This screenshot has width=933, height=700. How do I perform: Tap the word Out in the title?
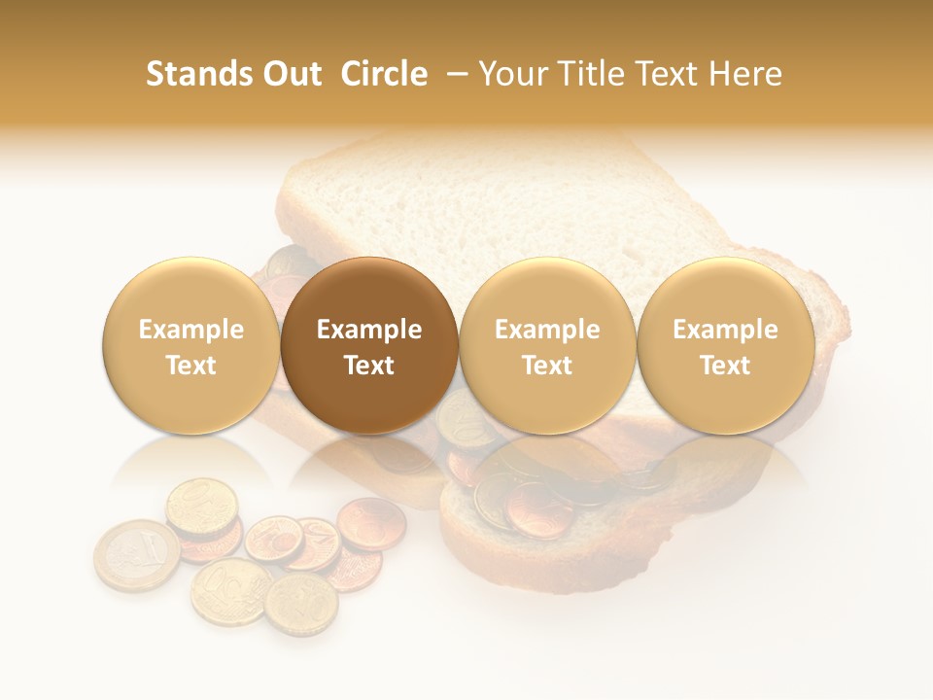click(289, 74)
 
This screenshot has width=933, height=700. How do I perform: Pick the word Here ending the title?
click(746, 74)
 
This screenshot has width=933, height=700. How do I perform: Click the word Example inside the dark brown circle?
click(369, 330)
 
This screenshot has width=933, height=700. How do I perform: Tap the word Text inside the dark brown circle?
click(369, 366)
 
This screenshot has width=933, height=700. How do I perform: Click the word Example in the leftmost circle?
click(190, 330)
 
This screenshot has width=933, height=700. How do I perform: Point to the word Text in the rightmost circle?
click(725, 366)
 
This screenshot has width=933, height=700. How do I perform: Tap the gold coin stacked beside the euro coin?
click(201, 507)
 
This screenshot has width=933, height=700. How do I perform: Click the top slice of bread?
click(505, 204)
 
